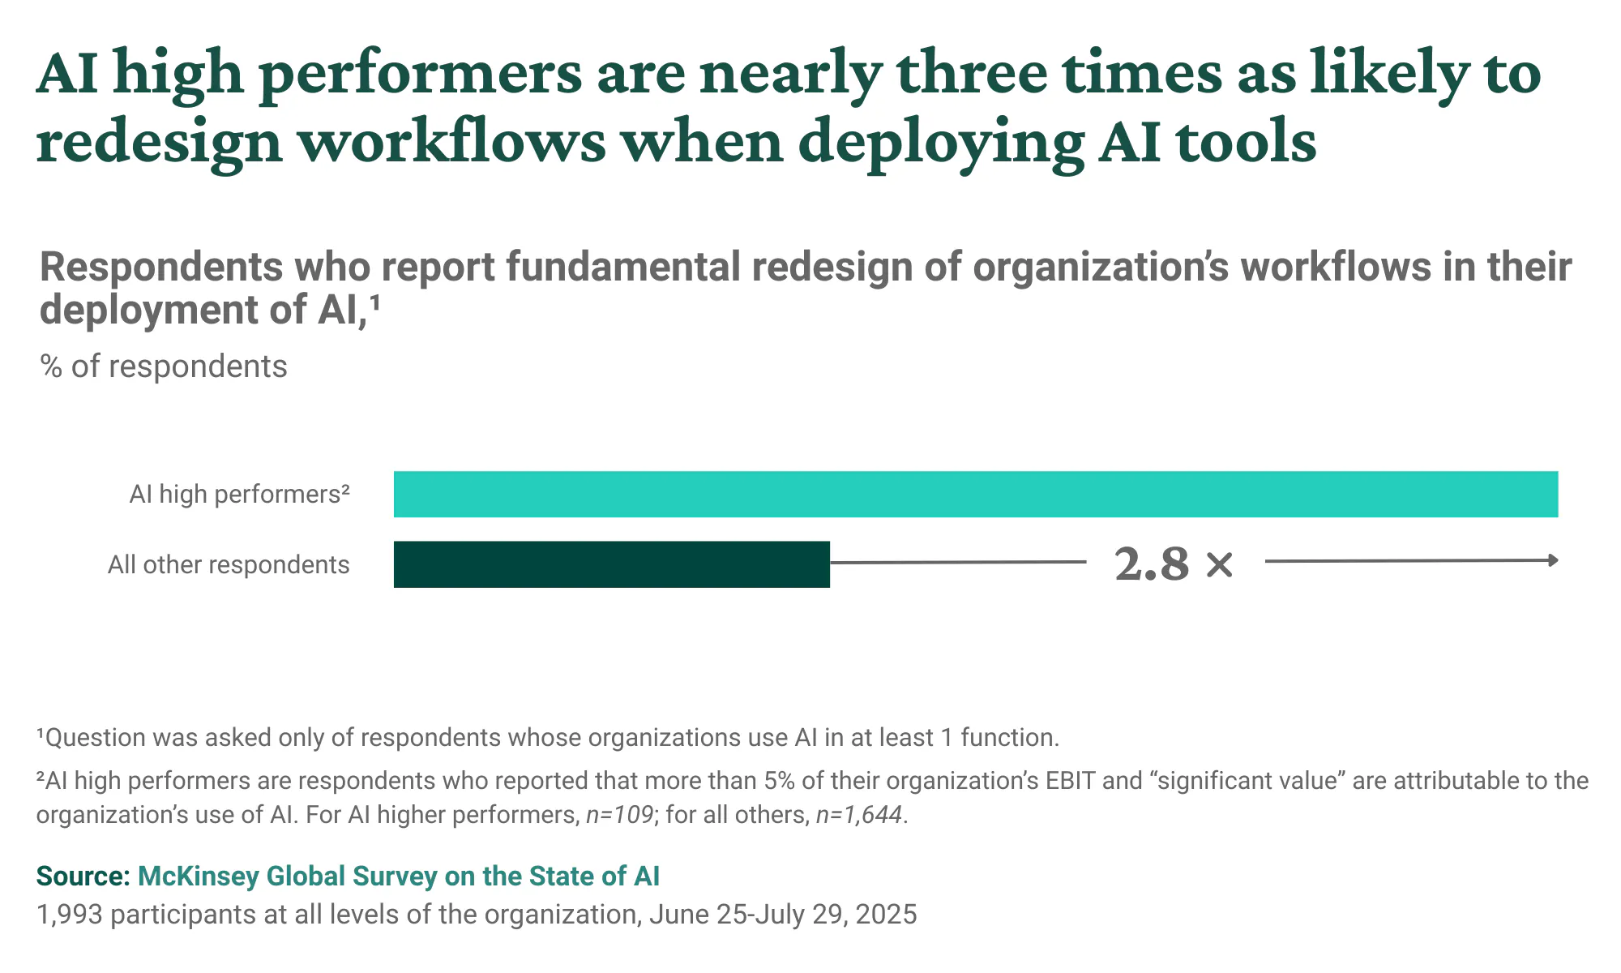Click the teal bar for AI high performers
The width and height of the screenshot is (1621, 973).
coord(975,494)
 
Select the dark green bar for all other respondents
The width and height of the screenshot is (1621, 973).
coord(611,564)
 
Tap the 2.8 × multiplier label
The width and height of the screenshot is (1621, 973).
coord(1173,564)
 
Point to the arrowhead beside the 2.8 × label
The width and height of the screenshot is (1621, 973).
coord(1552,560)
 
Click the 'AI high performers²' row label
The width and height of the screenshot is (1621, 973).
coord(240,494)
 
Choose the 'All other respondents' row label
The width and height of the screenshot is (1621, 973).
coord(229,564)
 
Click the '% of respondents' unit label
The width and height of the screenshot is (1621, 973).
coord(164,366)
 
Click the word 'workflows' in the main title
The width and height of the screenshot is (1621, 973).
coord(451,142)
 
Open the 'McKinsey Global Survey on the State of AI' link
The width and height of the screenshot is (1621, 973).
coord(399,877)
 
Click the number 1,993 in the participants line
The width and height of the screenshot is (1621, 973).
coord(70,915)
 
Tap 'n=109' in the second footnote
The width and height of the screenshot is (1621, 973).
coord(620,814)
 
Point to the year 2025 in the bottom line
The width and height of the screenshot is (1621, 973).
coord(886,915)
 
